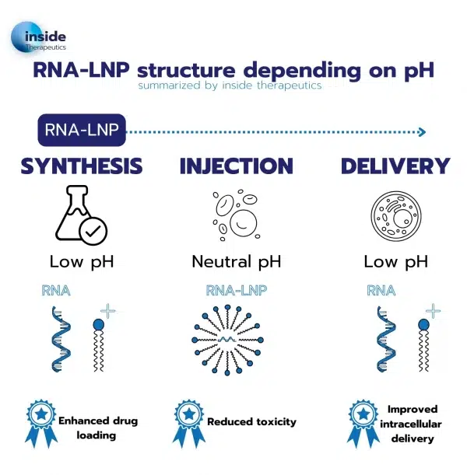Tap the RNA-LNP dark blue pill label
click(x=82, y=131)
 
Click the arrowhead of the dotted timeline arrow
click(x=421, y=131)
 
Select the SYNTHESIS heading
click(x=82, y=166)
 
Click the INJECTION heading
click(x=236, y=166)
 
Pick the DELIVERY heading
click(x=395, y=166)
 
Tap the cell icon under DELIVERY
click(x=396, y=214)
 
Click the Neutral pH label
click(x=236, y=261)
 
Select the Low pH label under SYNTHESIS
click(x=82, y=261)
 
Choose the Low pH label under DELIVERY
click(x=396, y=261)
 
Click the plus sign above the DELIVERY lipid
click(x=432, y=311)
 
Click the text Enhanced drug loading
click(x=97, y=428)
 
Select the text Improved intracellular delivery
click(x=413, y=424)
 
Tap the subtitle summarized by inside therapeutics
click(x=232, y=86)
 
